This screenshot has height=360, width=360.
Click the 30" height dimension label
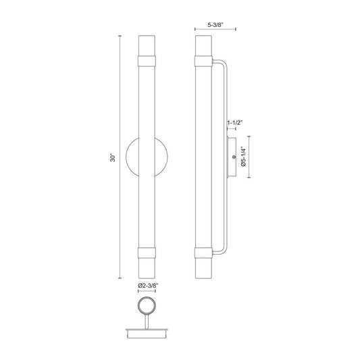tap(113, 157)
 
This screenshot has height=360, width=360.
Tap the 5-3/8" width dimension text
tap(215, 25)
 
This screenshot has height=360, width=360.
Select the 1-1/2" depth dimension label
tap(235, 123)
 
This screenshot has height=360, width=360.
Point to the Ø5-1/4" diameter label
tap(243, 157)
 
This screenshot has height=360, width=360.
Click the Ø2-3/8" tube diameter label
tap(149, 286)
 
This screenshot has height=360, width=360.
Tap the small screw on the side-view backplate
tap(234, 157)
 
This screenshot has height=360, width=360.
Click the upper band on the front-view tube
tap(147, 61)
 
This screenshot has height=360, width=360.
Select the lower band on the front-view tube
tap(147, 253)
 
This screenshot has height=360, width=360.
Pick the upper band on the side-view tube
tap(203, 61)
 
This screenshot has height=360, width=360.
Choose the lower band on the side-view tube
tap(203, 253)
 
